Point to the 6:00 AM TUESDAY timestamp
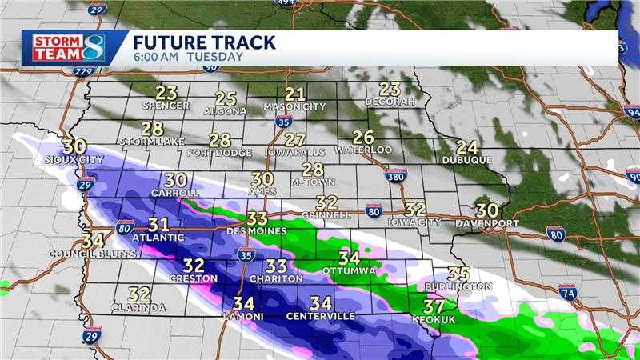pos(188,57)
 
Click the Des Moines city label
pos(257,231)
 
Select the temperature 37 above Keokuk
pos(434,306)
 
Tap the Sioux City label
pos(74,160)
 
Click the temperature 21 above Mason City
pos(295,94)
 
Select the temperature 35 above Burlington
pos(458,273)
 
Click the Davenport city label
pos(487,223)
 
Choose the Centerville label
pos(321,317)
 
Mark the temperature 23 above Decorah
pos(390,89)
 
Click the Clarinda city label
pos(139,307)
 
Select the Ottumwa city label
pos(349,271)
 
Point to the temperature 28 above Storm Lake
pos(152,128)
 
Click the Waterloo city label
pos(363,150)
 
